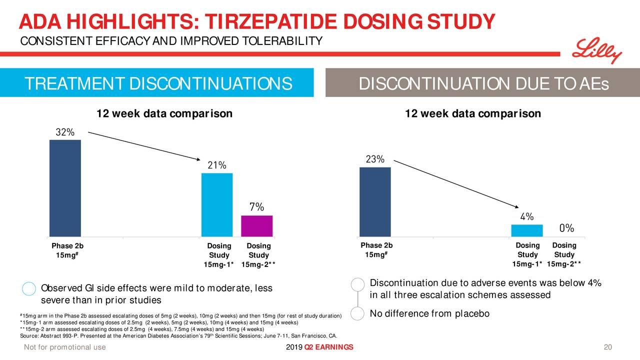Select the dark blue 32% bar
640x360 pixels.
coord(65,188)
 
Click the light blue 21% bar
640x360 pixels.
coord(217,204)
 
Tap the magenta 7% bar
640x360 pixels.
coord(257,226)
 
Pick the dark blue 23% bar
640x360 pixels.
coord(375,201)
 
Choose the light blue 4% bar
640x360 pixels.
coord(527,230)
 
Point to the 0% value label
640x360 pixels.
coord(566,228)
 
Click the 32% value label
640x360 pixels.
coord(65,132)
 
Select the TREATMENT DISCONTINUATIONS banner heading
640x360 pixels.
coord(158,83)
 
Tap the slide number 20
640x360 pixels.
coord(608,348)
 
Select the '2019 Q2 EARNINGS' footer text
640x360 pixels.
coord(320,348)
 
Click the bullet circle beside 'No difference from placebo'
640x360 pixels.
coord(357,314)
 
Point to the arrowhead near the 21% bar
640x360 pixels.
coord(198,159)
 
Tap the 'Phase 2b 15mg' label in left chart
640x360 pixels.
coord(67,251)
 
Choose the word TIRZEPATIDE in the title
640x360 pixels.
coord(272,21)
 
